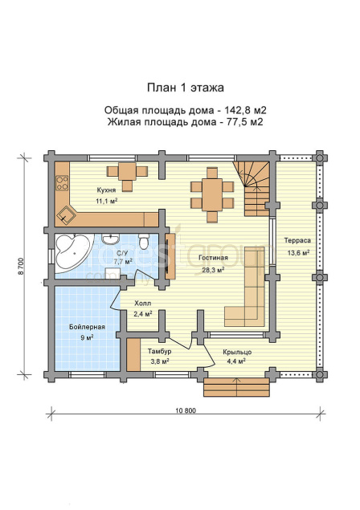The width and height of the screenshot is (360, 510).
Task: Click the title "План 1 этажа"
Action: [185, 88]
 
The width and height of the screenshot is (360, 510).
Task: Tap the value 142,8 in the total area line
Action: [235, 110]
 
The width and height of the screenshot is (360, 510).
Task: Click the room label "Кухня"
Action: [106, 190]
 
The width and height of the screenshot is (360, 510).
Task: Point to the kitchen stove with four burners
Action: [62, 183]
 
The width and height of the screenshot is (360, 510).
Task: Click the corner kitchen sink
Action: [67, 215]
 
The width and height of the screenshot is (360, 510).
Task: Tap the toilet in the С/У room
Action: [143, 241]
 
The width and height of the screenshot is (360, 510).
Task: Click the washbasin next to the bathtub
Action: [111, 239]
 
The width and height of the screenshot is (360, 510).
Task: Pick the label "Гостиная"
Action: [213, 258]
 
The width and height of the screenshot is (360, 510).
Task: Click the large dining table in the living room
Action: [212, 194]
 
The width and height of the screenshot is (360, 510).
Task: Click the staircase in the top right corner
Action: [253, 190]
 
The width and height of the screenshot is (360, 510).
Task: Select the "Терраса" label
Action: [297, 241]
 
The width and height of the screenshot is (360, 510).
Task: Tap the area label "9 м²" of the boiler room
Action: [87, 338]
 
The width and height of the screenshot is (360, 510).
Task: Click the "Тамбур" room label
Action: [159, 352]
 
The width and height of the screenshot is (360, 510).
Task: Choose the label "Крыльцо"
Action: [237, 352]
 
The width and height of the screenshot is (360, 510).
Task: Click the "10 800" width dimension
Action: [186, 410]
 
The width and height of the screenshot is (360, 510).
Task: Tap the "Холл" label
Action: [143, 304]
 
